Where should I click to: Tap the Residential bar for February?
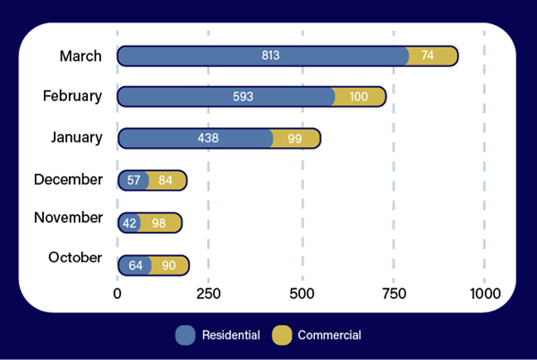[x=226, y=97]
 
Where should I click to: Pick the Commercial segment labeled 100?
[x=359, y=97]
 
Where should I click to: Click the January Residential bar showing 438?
[x=195, y=138]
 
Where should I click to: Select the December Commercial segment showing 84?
[x=166, y=180]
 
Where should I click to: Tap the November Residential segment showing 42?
[x=129, y=221]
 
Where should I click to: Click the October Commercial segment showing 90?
[x=168, y=265]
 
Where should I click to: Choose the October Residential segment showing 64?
[x=134, y=265]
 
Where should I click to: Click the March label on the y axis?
[x=81, y=56]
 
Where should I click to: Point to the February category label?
[x=72, y=95]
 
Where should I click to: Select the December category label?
[x=68, y=179]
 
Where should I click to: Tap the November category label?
[x=68, y=218]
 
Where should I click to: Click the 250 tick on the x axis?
[x=209, y=294]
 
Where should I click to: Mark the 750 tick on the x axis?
[x=393, y=294]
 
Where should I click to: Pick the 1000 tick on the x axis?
[x=484, y=294]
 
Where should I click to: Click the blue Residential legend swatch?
[x=185, y=336]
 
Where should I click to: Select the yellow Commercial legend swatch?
[x=282, y=336]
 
